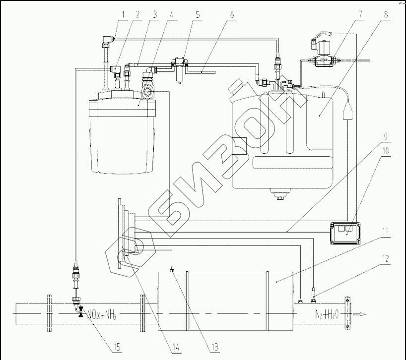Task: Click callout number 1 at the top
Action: (x=124, y=14)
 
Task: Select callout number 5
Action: (x=198, y=14)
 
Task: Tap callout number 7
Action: (x=360, y=14)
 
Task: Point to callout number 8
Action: (x=386, y=14)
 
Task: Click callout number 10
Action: (x=386, y=151)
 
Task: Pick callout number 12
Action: (x=386, y=259)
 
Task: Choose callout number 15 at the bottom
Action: (x=117, y=347)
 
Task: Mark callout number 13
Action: (x=214, y=347)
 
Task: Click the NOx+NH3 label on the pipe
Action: (x=101, y=314)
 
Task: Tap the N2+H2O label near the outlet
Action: (x=327, y=314)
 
